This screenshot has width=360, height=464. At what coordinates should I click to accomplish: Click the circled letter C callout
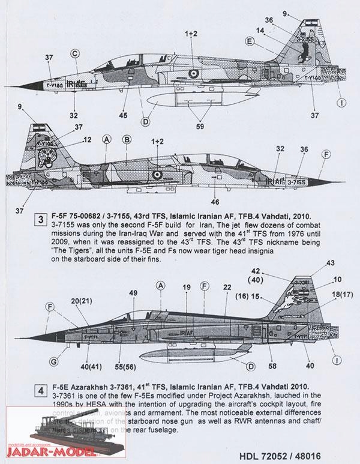pyautogui.click(x=76, y=52)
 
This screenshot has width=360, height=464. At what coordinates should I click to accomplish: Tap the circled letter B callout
pyautogui.click(x=127, y=140)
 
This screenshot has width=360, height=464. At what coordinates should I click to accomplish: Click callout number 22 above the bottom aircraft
pyautogui.click(x=227, y=288)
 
